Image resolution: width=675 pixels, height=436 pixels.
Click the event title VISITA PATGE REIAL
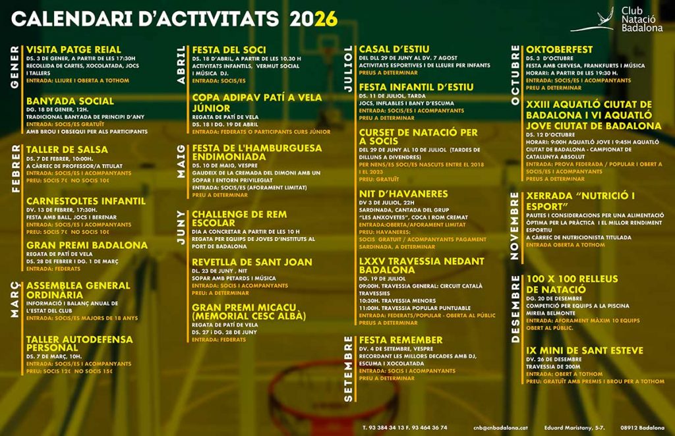click(x=74, y=49)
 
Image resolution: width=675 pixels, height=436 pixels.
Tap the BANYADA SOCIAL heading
click(x=70, y=101)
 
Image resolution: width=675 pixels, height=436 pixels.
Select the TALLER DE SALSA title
click(x=67, y=150)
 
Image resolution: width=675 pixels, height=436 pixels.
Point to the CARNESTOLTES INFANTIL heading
click(x=86, y=201)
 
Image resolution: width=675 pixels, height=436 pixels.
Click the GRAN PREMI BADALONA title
click(x=87, y=245)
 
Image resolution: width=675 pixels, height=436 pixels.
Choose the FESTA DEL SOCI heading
click(x=229, y=49)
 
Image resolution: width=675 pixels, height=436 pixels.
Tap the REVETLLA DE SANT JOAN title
click(x=252, y=262)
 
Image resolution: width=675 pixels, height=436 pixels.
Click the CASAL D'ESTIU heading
click(x=394, y=49)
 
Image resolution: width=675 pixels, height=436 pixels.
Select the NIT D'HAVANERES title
click(x=403, y=194)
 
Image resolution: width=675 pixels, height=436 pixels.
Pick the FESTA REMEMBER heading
click(x=401, y=340)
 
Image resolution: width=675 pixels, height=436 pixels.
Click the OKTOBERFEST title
click(x=559, y=49)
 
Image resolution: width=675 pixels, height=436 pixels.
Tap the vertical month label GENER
click(x=15, y=68)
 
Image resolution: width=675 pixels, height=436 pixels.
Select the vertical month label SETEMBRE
click(x=349, y=368)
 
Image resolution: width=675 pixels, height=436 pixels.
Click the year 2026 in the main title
click(x=313, y=18)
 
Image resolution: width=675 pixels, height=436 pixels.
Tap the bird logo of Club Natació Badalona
click(x=593, y=20)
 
